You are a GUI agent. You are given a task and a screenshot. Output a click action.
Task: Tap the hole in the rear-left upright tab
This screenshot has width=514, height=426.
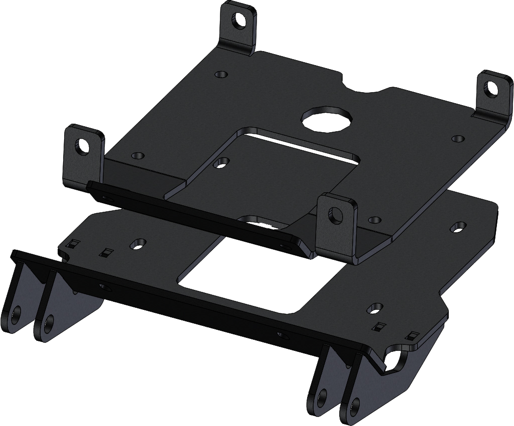[x=239, y=20]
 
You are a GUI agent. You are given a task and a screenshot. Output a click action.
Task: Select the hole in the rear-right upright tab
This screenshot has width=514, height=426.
[x=490, y=88]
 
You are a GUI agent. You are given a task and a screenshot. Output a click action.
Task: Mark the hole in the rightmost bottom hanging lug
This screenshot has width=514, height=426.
[x=355, y=404]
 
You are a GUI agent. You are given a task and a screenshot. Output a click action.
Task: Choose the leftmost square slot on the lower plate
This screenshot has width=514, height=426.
[x=73, y=243]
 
